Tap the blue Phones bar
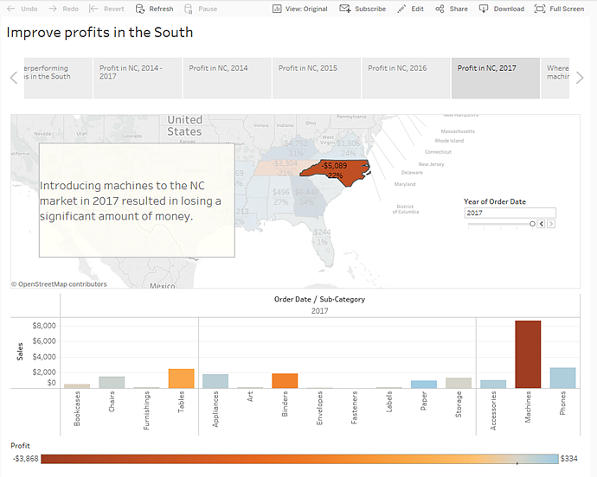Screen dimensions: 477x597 562,378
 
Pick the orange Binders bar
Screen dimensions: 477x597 285,380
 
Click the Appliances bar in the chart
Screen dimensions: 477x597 215,381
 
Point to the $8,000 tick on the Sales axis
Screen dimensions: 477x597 44,326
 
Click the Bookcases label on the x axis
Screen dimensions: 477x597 77,412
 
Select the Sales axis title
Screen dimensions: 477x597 19,351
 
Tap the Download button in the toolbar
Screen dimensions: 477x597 502,9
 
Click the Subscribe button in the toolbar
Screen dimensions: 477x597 363,9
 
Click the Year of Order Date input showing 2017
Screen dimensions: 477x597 510,213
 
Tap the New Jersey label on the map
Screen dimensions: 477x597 433,163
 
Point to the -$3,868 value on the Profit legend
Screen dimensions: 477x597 24,459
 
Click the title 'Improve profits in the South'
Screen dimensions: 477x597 100,33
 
